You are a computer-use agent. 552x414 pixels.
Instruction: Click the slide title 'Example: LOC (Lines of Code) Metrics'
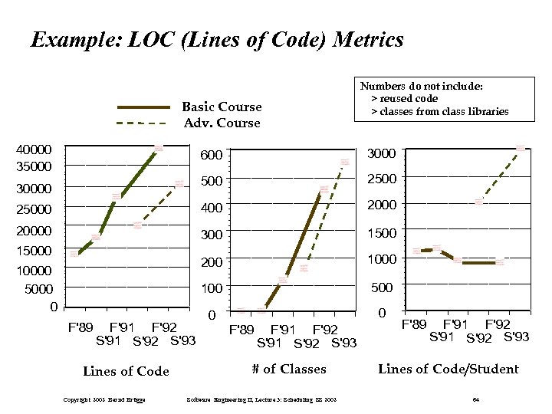pos(217,40)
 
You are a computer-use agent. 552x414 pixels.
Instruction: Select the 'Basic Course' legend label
pos(222,107)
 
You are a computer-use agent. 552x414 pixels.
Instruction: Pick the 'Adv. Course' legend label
pos(222,123)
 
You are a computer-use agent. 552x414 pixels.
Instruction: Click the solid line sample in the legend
pos(143,107)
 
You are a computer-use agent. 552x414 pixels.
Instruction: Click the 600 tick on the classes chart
pos(212,156)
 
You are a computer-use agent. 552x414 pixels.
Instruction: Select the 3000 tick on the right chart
pos(382,153)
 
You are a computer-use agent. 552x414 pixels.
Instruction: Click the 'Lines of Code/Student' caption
pos(449,369)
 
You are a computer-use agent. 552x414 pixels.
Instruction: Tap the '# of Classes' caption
pos(289,369)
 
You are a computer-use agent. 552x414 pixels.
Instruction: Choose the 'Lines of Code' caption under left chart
pos(126,371)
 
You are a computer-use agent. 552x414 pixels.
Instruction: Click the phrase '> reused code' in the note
pos(404,99)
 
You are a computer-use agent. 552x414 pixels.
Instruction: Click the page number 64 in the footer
pos(475,399)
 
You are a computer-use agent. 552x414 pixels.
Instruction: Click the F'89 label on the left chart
pos(82,327)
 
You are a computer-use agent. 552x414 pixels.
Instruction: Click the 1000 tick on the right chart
pos(382,259)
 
